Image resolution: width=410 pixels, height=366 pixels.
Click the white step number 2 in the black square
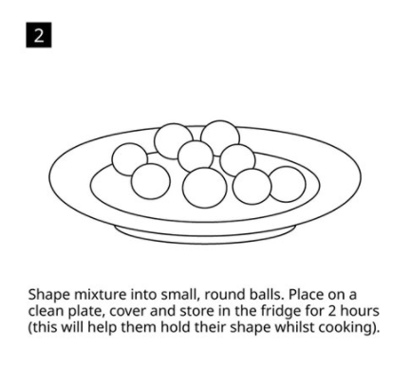pos(39,35)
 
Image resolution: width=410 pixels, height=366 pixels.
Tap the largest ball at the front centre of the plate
pos(205,188)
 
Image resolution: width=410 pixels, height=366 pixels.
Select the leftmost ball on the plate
pos(130,159)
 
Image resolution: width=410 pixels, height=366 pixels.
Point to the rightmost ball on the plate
pos(287,184)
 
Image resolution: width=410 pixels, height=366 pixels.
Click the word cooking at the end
pos(347,328)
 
